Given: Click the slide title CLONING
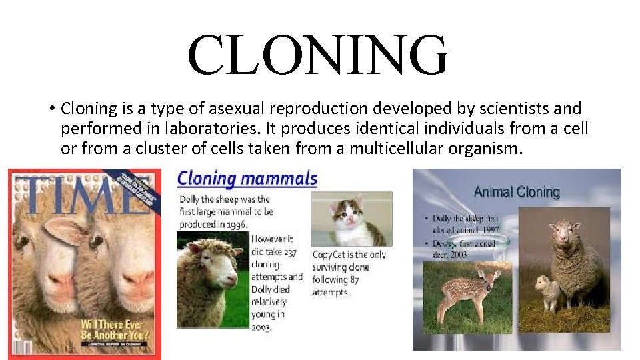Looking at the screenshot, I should point(318,55).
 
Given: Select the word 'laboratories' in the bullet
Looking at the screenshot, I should point(237,128).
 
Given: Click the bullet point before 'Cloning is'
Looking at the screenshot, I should point(51,109).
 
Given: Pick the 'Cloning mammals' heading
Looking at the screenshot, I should point(247,179).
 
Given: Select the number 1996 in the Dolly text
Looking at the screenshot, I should point(231,225).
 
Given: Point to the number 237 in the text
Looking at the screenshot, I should point(291,251).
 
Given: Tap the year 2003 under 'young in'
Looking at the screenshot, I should point(261,327).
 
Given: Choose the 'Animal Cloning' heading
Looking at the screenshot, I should point(517,192).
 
